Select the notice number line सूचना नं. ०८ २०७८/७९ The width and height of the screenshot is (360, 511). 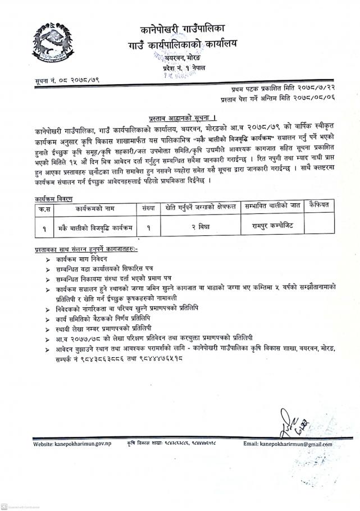tap(66, 82)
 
